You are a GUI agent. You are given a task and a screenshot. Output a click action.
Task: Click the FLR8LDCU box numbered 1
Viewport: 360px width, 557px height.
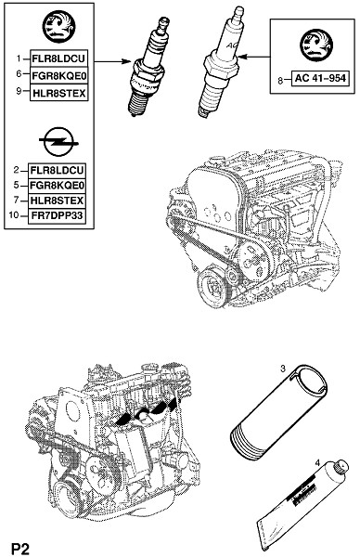[59, 58]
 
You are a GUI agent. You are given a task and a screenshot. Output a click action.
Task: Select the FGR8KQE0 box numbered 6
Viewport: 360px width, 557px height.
[59, 76]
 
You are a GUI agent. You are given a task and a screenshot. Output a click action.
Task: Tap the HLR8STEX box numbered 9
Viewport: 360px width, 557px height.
[59, 93]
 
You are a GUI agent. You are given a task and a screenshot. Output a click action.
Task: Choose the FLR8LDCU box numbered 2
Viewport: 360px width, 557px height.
[58, 171]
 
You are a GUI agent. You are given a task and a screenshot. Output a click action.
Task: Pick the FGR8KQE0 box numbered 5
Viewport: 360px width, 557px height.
[58, 186]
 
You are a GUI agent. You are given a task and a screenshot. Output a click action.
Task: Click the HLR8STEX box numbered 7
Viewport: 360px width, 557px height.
[58, 201]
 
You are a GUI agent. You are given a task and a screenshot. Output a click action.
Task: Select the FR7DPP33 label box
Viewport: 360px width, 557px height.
[58, 215]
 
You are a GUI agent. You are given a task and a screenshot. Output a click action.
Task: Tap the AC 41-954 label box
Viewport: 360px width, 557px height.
[320, 78]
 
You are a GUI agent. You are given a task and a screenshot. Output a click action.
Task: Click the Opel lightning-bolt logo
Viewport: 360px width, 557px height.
[59, 142]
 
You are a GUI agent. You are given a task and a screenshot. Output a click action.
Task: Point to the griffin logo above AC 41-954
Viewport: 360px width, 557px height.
[316, 45]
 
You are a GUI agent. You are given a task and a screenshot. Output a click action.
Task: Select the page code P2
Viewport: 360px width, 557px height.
[21, 548]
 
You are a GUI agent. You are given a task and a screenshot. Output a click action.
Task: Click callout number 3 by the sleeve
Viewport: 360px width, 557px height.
[283, 369]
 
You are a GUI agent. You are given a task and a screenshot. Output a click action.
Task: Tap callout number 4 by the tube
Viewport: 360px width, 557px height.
[317, 463]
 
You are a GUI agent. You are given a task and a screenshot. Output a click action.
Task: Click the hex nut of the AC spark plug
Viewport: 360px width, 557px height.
[221, 66]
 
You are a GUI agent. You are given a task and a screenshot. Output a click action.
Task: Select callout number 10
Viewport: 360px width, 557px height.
[14, 215]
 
